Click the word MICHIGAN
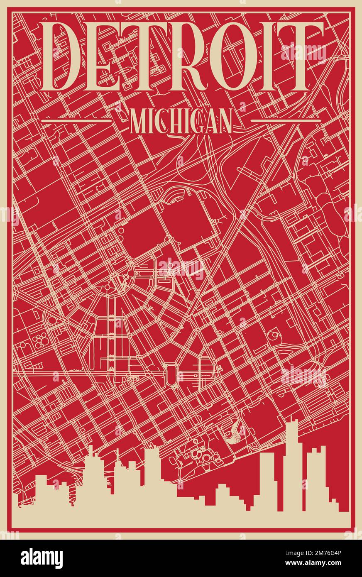pyautogui.click(x=181, y=121)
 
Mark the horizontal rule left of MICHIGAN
pyautogui.click(x=77, y=121)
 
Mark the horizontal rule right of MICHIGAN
pyautogui.click(x=286, y=121)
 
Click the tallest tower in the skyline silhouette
pyautogui.click(x=293, y=461)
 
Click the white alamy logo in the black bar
pyautogui.click(x=42, y=558)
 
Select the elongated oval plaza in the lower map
pyautogui.click(x=171, y=374)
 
